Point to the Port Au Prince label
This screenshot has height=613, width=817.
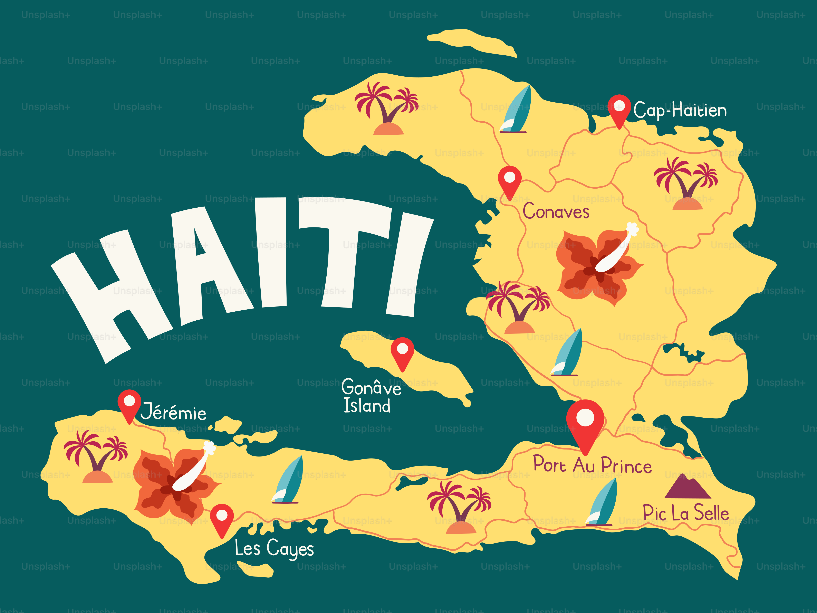(x=592, y=465)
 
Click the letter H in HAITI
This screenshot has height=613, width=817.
(x=113, y=292)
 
